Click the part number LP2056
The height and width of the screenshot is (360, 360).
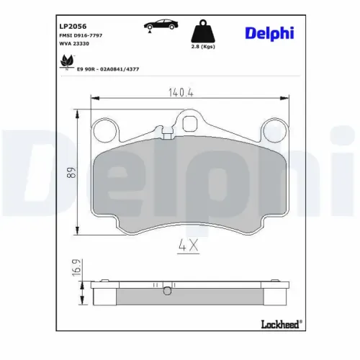coord(73,26)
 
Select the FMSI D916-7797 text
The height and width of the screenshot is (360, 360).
coord(81,35)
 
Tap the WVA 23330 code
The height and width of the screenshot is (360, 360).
coord(74,44)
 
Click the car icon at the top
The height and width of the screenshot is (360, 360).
coord(161,25)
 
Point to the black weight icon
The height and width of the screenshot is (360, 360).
coord(203,31)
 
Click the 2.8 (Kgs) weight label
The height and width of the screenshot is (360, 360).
coord(203,47)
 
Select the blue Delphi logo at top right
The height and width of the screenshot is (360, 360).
coord(269,34)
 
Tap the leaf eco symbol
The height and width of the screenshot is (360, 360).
coord(66,62)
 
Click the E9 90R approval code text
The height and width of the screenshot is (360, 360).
coord(108,69)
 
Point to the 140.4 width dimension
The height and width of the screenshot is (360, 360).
coord(181,93)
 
